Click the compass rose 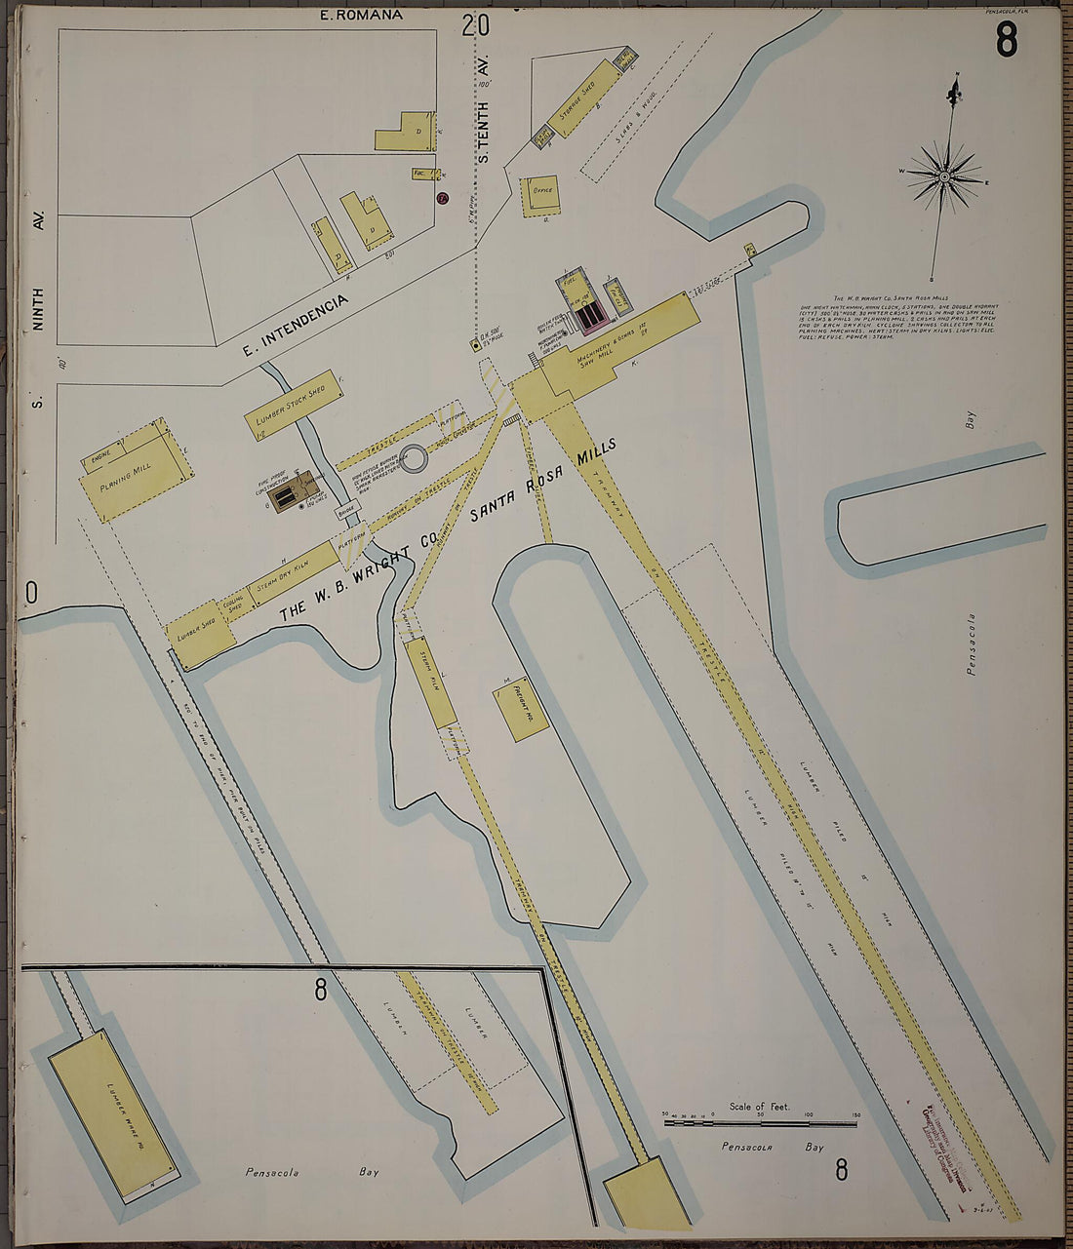coord(943,176)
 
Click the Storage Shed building coord(576,105)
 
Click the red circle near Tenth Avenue coord(441,199)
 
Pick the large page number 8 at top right coord(1006,42)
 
